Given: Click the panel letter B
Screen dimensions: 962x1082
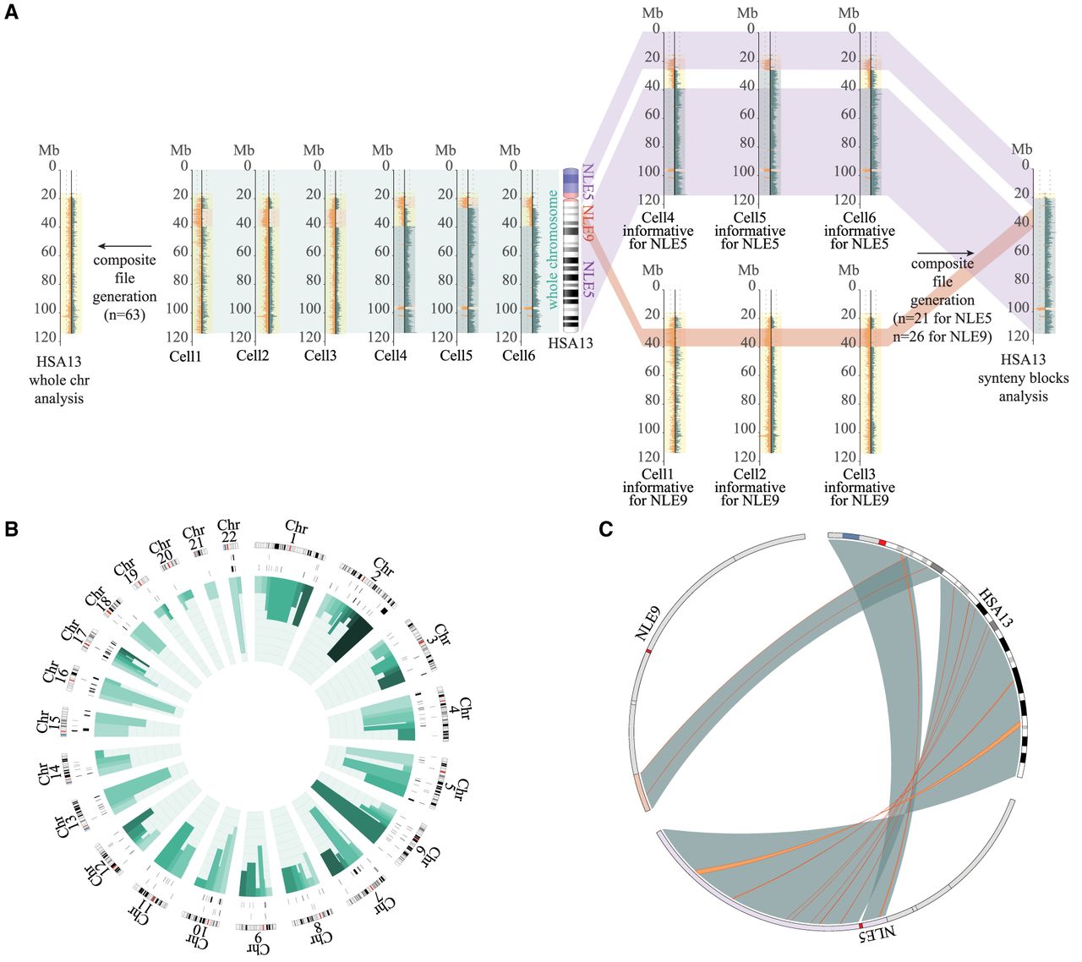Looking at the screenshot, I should pyautogui.click(x=12, y=529).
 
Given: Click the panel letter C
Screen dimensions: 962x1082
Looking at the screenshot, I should pyautogui.click(x=605, y=529).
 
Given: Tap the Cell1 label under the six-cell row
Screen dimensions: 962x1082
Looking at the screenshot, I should pyautogui.click(x=185, y=356).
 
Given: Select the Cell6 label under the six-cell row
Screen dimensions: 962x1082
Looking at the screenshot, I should pyautogui.click(x=518, y=356).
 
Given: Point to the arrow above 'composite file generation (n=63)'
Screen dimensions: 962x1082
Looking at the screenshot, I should pyautogui.click(x=123, y=247).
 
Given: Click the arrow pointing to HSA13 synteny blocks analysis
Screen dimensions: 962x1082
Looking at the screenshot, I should pyautogui.click(x=945, y=252).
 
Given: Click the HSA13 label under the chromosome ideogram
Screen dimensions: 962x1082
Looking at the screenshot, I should pyautogui.click(x=571, y=343).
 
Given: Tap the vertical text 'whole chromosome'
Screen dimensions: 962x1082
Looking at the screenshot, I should pyautogui.click(x=553, y=249).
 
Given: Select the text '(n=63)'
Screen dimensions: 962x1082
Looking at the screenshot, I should pyautogui.click(x=125, y=315).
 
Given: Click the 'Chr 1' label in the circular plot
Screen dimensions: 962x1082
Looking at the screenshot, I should pyautogui.click(x=297, y=533).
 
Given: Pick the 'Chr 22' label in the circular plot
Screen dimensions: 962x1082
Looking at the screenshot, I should pyautogui.click(x=228, y=532).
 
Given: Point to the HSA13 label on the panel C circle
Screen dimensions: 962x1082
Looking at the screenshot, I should pyautogui.click(x=995, y=606).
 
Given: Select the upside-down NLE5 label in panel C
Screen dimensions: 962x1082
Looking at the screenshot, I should pyautogui.click(x=874, y=937).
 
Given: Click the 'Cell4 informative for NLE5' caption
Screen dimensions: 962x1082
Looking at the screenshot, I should pyautogui.click(x=658, y=231).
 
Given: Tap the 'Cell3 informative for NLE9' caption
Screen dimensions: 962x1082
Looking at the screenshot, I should pyautogui.click(x=860, y=487).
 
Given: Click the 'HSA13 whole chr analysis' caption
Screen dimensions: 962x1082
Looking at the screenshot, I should pyautogui.click(x=59, y=380).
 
